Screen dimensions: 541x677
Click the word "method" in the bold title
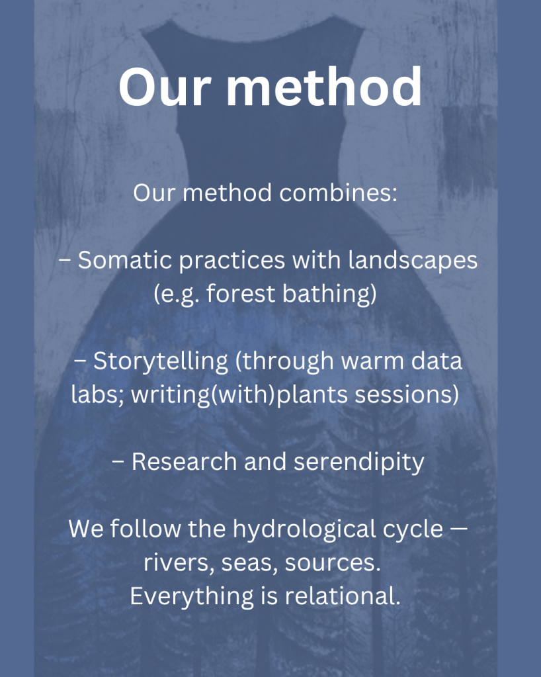(323, 87)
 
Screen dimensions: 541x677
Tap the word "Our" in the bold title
(165, 87)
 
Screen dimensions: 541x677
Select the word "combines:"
(338, 193)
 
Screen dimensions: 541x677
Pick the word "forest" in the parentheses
(241, 294)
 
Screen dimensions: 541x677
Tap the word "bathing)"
(329, 294)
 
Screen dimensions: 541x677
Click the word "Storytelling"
(161, 362)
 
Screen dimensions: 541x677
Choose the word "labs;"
(97, 394)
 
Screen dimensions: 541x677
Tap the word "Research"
(185, 461)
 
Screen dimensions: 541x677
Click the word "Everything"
(192, 597)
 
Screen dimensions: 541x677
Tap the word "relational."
(343, 596)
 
